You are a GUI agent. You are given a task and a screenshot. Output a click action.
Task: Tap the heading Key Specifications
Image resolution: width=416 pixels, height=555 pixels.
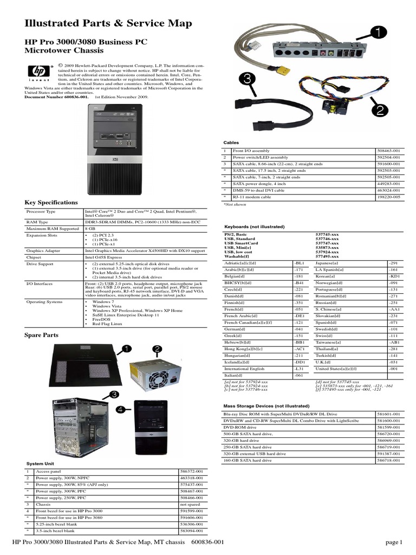tap(51, 202)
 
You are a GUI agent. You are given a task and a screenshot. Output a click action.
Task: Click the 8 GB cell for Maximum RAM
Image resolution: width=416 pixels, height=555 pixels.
tap(89, 228)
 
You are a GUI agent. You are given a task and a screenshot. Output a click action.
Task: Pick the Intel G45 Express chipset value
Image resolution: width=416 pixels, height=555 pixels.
tap(102, 257)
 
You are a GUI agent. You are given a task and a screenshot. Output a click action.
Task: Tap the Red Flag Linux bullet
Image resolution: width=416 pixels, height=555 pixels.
tap(107, 323)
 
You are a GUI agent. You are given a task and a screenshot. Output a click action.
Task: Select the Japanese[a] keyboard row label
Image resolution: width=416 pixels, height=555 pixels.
tap(327, 262)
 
